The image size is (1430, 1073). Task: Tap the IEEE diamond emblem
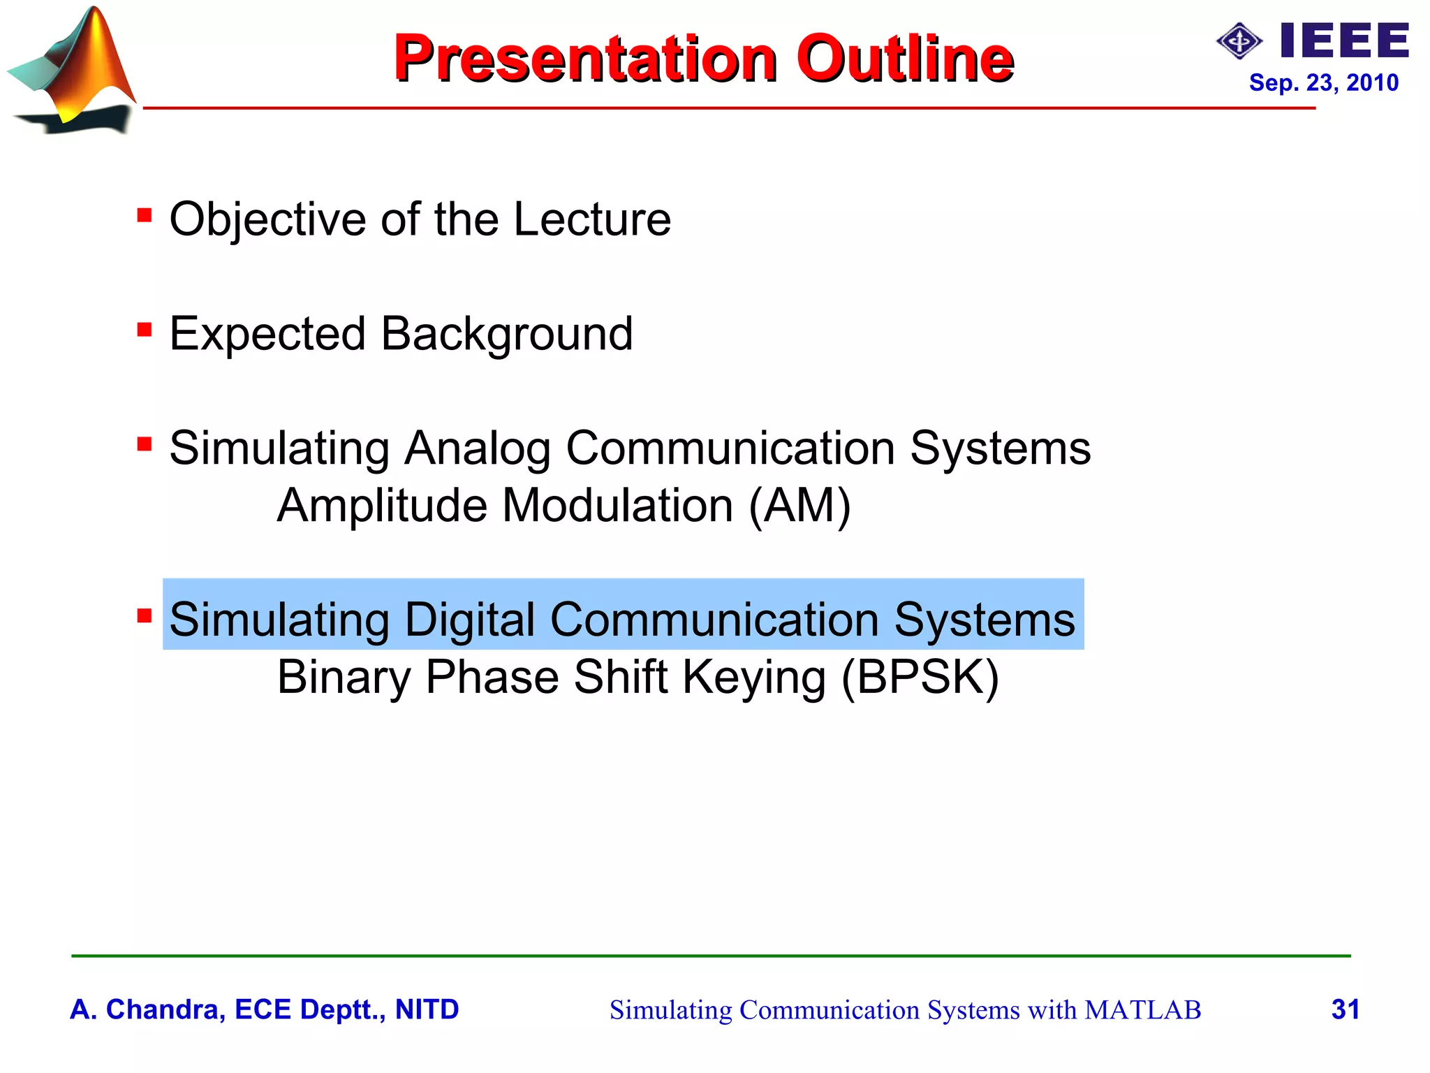pos(1239,42)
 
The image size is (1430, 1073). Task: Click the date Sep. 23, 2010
pos(1323,82)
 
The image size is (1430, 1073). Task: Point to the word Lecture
pos(592,219)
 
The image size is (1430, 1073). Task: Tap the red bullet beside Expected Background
pos(145,329)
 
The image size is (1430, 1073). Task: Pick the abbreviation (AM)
pos(799,505)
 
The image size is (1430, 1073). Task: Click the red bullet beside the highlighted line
pos(145,615)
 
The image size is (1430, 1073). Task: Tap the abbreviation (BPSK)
pos(920,677)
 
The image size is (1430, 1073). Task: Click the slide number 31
pos(1345,1009)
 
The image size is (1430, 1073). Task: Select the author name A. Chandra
pos(147,1009)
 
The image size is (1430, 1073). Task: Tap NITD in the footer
pos(427,1009)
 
